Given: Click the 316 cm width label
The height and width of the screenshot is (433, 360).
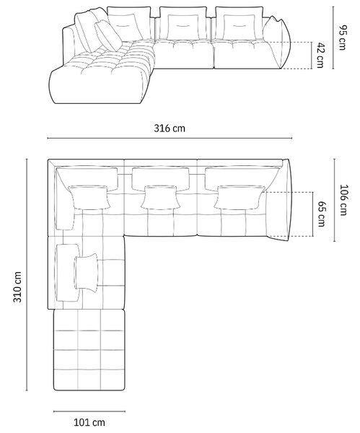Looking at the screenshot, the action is tap(170, 128).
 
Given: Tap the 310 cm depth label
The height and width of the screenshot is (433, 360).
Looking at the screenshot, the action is tap(17, 287).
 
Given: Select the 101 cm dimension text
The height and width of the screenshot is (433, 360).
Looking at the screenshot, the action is tap(89, 422).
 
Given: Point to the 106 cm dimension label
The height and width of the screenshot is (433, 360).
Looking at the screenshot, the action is tap(344, 200).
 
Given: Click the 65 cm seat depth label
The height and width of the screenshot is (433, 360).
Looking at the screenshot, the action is tap(322, 214).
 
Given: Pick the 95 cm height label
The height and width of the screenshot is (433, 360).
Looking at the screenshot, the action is tap(343, 38).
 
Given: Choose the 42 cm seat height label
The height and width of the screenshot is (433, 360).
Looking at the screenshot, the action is tap(320, 56).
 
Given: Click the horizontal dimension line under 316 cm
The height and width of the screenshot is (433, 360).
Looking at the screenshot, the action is tap(170, 138).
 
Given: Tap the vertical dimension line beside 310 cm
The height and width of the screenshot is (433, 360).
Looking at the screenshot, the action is tap(27, 275).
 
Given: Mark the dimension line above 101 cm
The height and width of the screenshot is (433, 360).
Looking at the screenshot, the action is tap(89, 411).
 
